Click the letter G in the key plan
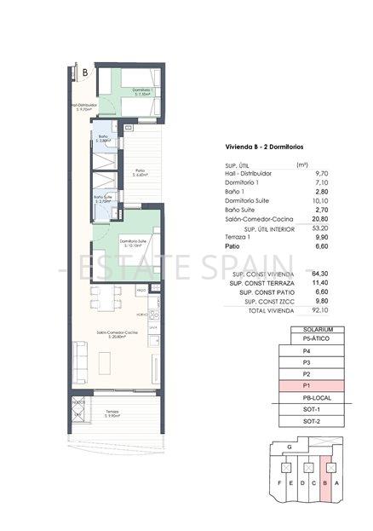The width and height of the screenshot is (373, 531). (290, 446)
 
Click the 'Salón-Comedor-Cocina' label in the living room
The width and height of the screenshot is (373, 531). (112, 332)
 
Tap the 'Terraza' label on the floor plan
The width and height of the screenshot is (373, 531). (112, 413)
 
